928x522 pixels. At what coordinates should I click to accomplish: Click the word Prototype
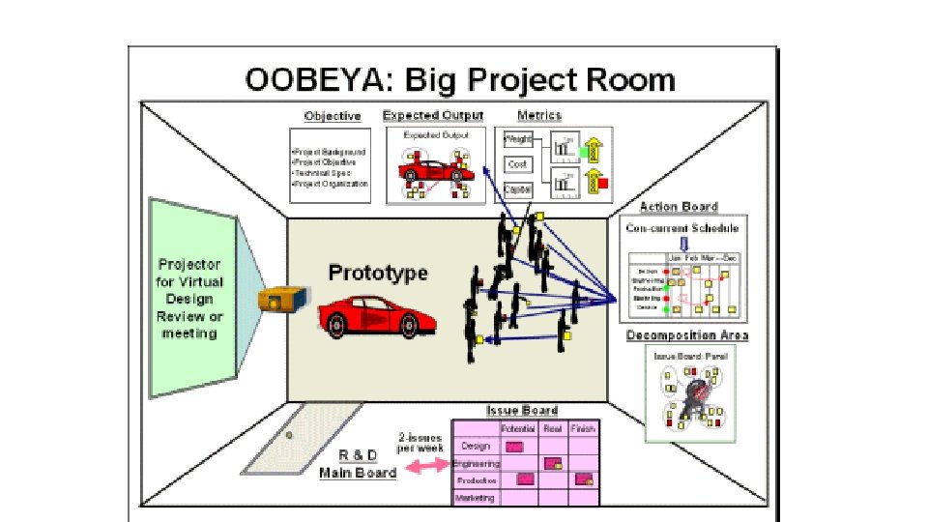[378, 273]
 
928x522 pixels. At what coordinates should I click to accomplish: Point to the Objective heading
[333, 116]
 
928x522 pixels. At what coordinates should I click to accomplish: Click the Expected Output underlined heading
[433, 116]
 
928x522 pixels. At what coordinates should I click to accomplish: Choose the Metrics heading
[538, 116]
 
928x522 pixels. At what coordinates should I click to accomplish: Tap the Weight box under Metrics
[517, 141]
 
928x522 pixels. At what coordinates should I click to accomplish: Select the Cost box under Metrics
[517, 165]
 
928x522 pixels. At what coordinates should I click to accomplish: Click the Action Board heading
[679, 207]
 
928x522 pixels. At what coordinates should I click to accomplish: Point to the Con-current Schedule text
[681, 228]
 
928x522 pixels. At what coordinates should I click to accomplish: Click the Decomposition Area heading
[687, 335]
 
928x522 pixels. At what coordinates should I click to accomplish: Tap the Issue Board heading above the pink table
[522, 410]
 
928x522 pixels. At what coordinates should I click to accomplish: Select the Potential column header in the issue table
[517, 427]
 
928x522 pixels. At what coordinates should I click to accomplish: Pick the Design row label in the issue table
[476, 446]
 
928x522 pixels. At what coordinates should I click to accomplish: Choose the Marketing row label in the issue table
[475, 498]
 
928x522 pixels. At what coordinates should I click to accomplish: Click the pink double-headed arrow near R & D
[425, 467]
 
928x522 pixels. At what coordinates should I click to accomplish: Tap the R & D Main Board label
[358, 465]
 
